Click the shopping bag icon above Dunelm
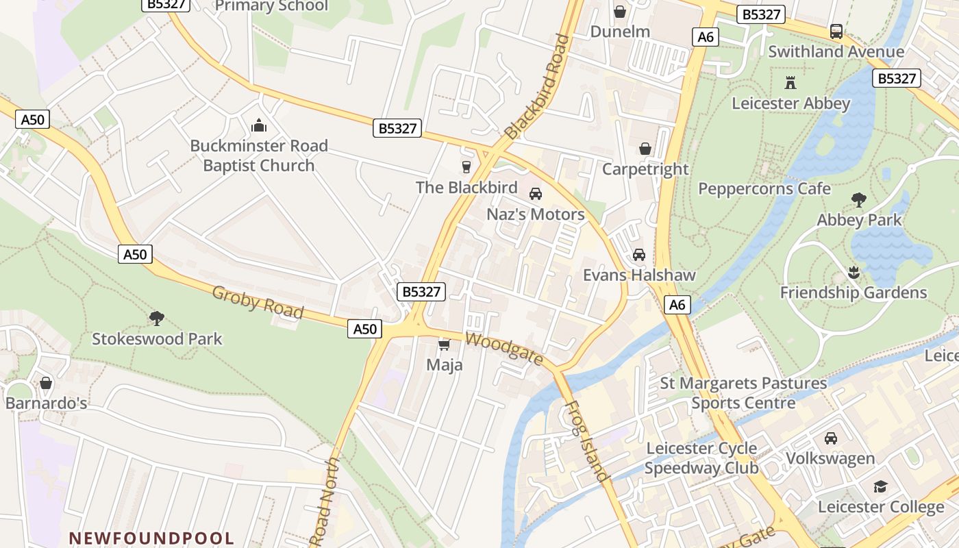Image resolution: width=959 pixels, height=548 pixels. (619, 12)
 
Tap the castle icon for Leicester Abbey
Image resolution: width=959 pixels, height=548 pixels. (790, 83)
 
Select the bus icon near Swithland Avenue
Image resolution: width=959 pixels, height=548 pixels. (836, 31)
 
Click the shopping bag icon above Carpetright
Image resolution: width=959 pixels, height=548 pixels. (645, 149)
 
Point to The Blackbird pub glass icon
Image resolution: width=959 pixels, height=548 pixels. (466, 166)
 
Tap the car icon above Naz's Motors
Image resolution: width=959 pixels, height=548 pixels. (536, 194)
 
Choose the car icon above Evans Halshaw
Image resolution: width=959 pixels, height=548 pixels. (638, 255)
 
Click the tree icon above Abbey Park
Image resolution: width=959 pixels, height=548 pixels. (858, 200)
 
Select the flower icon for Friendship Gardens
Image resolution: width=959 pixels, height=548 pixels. (853, 273)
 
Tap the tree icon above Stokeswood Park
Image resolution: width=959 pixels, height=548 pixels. (157, 318)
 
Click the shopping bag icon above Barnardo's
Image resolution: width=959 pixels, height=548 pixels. (46, 383)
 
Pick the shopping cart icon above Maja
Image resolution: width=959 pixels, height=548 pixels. (444, 345)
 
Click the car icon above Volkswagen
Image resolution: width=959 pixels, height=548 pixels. (830, 438)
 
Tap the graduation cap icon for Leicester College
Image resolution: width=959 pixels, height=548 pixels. (880, 487)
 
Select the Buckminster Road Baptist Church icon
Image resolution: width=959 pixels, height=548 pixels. (258, 125)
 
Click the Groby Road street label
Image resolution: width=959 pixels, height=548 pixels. (258, 302)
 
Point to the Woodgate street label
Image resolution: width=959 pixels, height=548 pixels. (504, 349)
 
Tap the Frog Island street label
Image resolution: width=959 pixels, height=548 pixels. (586, 441)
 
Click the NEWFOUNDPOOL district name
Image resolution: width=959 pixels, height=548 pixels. (151, 538)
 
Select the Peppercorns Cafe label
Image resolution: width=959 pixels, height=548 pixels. (764, 188)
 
